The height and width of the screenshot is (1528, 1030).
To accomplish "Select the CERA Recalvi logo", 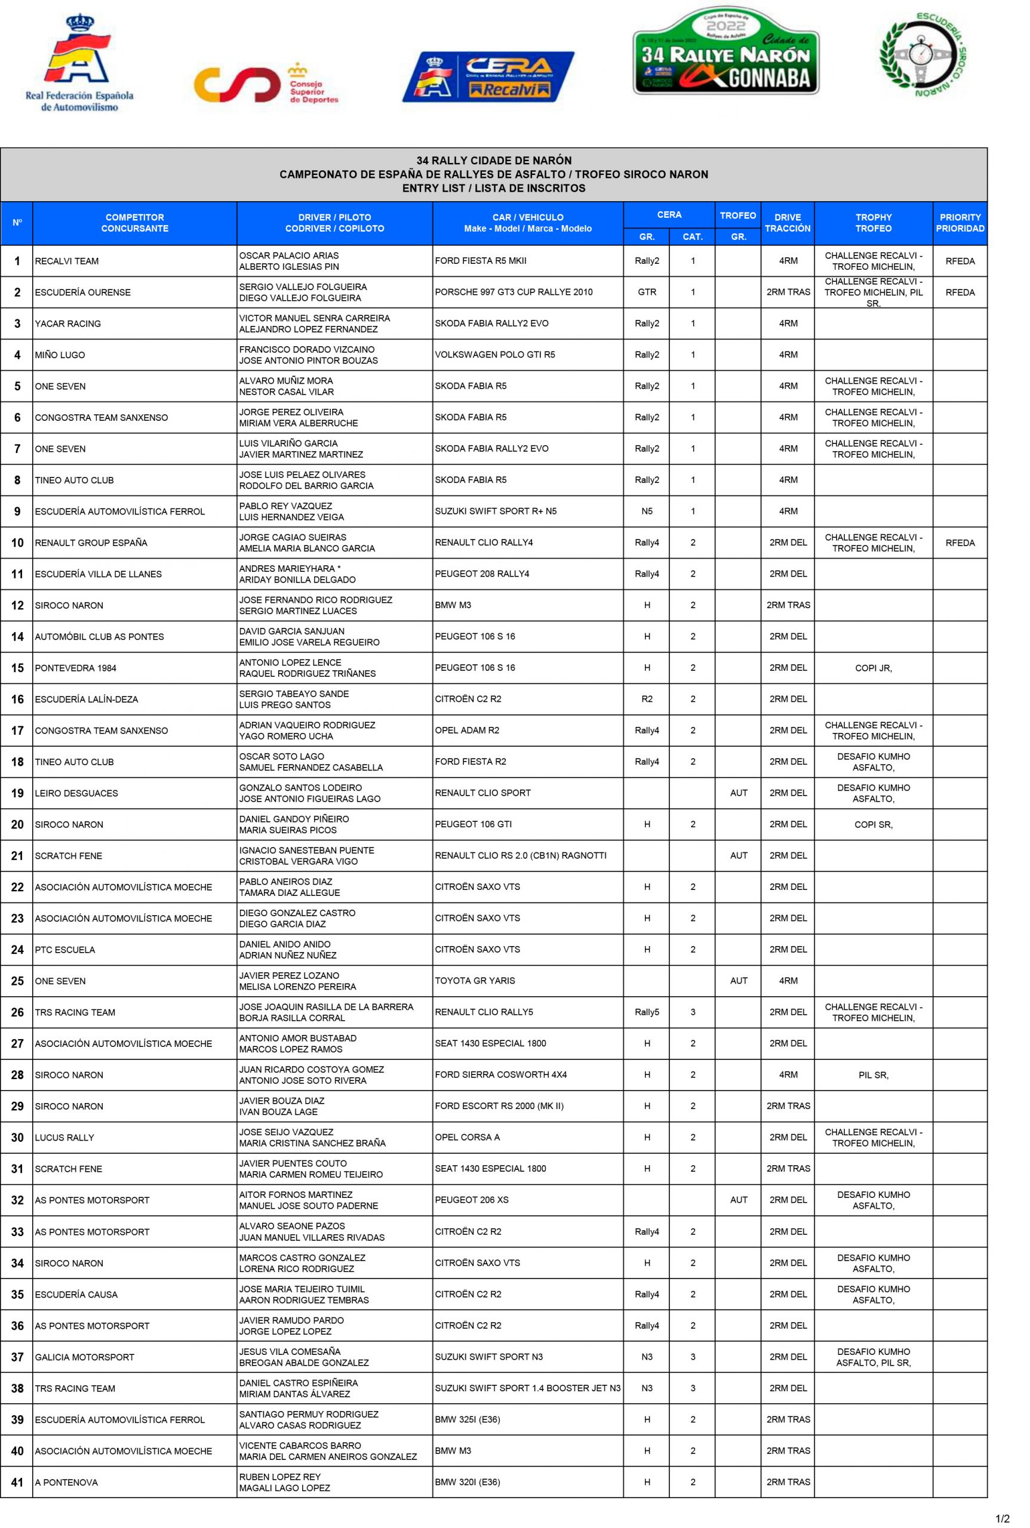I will pos(487,77).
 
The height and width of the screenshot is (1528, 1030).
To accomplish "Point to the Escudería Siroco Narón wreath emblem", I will pos(923,55).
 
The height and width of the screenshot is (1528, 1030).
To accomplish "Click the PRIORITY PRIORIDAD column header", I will pos(959,223).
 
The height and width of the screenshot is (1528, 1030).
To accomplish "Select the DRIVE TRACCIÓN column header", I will pos(787,223).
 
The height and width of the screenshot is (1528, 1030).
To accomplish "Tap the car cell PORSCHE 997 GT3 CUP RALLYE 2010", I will pos(513,292).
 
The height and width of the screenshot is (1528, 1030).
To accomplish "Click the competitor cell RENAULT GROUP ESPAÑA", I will pos(91,543).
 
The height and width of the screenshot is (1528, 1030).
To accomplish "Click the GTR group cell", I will pos(647,292).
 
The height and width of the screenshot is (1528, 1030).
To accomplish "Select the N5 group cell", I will pos(647,512).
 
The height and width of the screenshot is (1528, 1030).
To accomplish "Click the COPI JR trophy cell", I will pos(873,668).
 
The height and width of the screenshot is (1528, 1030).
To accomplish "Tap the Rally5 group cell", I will pos(647,1012).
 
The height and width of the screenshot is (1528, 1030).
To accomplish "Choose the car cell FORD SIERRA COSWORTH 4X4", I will pos(500,1075).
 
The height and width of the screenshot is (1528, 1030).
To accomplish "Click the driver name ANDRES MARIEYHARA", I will pos(287,569).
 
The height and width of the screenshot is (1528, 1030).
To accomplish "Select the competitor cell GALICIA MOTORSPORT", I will pos(84,1357).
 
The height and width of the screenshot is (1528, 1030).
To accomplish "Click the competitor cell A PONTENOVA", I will pos(66,1483).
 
